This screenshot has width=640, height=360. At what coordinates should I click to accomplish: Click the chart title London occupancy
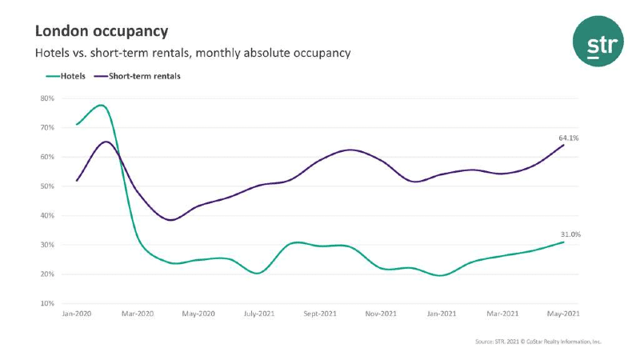tap(102, 31)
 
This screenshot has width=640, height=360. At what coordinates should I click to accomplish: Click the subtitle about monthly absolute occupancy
tap(192, 53)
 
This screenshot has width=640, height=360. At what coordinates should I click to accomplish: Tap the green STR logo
tap(598, 43)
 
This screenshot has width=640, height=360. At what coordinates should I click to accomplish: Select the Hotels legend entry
tap(67, 77)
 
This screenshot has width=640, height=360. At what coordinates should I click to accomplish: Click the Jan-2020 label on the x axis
tap(76, 314)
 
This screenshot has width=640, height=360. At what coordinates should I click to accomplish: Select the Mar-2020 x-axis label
tap(138, 314)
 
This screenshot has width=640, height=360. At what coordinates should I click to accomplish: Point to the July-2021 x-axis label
tap(258, 314)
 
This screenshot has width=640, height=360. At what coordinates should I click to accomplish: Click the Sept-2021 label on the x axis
tap(318, 314)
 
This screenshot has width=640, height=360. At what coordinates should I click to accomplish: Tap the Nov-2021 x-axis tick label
tap(380, 314)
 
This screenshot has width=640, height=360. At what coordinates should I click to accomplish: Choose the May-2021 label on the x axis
tap(562, 314)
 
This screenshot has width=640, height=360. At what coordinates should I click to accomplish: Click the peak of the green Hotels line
tap(101, 105)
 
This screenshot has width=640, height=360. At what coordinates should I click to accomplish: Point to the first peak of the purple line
tap(106, 142)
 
